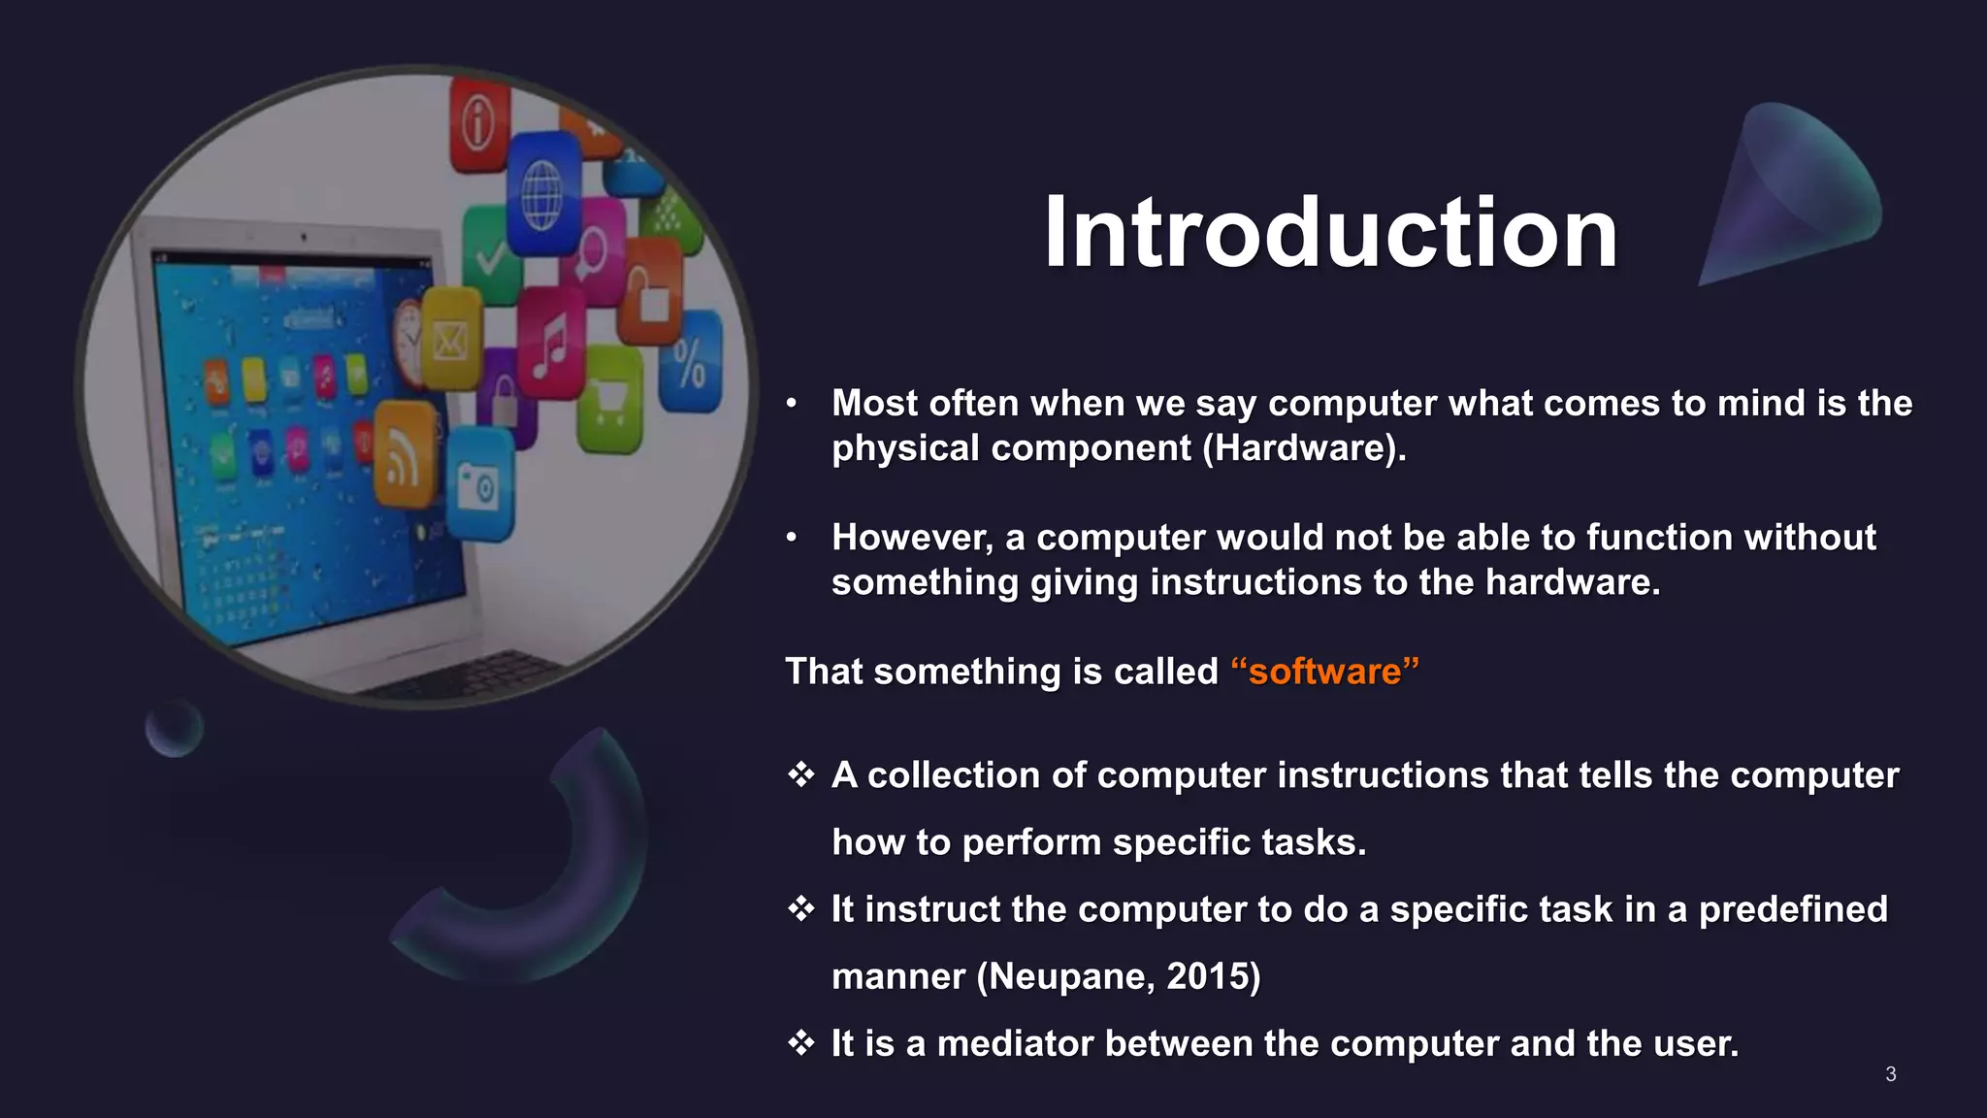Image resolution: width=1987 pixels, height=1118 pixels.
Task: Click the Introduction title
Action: pyautogui.click(x=1330, y=233)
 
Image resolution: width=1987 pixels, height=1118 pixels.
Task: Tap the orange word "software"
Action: pyautogui.click(x=1324, y=672)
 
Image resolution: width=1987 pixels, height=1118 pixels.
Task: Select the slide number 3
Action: pyautogui.click(x=1890, y=1073)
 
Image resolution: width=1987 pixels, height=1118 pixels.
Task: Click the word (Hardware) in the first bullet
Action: pyautogui.click(x=1303, y=448)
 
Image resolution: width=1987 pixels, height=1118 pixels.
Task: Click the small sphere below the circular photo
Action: pyautogui.click(x=175, y=728)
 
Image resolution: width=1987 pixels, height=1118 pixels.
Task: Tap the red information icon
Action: pyautogui.click(x=479, y=124)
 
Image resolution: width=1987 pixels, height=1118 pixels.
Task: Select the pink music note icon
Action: pyautogui.click(x=551, y=345)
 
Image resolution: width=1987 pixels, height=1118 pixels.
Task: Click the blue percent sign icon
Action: pyautogui.click(x=690, y=362)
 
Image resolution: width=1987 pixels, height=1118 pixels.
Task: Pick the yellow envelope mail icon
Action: pyautogui.click(x=450, y=340)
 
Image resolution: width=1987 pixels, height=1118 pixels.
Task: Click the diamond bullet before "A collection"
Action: pyautogui.click(x=800, y=774)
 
